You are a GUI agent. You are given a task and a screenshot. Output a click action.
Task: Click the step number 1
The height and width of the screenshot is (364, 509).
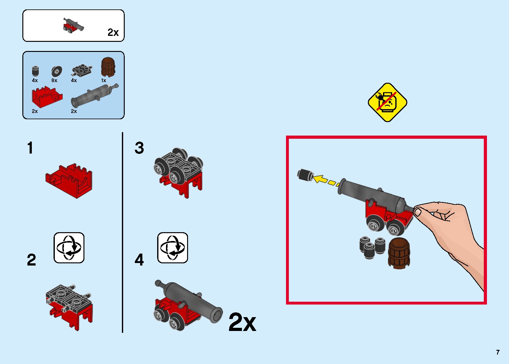point(30,148)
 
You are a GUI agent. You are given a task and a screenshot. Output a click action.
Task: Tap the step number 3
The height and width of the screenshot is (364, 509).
point(139,148)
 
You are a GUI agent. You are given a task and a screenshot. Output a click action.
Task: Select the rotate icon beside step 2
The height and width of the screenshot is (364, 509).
point(69,248)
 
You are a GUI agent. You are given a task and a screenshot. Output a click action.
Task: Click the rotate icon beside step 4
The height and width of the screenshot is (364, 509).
point(173,248)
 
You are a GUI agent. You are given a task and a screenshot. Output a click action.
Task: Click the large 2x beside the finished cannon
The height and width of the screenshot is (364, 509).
point(242,322)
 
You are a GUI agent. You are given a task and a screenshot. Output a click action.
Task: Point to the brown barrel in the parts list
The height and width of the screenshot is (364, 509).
point(108,67)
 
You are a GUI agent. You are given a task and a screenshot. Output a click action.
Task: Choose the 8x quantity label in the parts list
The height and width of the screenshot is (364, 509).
point(54,81)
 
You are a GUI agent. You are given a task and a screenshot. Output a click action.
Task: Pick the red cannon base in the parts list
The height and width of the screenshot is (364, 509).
point(46,97)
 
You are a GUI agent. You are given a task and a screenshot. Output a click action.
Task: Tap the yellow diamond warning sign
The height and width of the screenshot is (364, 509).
point(387,103)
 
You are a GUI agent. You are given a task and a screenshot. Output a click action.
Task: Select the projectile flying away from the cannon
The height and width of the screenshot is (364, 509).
point(305,175)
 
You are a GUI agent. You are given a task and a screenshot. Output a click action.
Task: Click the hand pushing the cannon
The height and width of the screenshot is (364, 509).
point(450,230)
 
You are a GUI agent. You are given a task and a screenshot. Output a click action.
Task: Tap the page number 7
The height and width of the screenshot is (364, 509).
point(498,352)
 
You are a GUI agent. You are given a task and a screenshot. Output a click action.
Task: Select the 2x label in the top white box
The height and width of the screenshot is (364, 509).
point(113,32)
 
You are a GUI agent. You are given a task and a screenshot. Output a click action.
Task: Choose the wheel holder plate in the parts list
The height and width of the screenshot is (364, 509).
point(82,71)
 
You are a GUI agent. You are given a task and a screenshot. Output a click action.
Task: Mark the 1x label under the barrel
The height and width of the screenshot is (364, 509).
point(104,81)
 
